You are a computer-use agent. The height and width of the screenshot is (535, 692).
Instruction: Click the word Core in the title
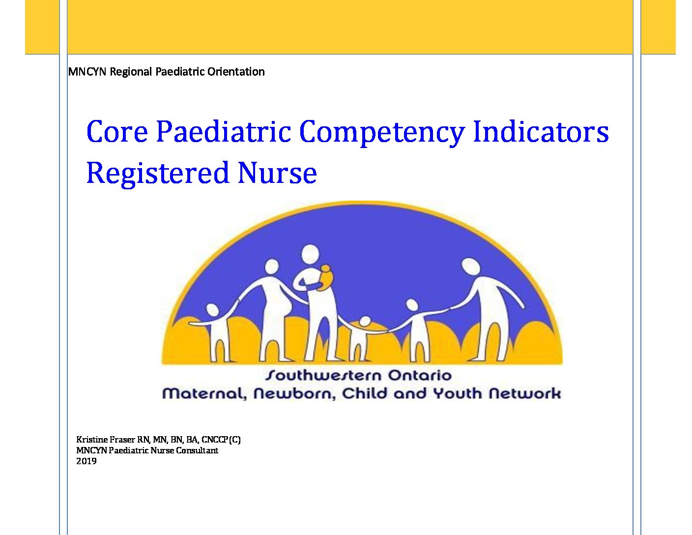[117, 131]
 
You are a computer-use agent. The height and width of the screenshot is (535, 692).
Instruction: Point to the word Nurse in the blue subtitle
[277, 173]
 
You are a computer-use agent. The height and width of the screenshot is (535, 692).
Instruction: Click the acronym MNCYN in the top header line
[87, 72]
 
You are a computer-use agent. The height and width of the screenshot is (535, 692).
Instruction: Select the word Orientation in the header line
[236, 72]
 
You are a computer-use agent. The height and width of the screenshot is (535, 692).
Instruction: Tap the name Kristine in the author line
[92, 440]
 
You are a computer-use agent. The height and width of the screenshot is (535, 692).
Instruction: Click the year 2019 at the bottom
[86, 461]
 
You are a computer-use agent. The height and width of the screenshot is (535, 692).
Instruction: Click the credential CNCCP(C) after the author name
[221, 440]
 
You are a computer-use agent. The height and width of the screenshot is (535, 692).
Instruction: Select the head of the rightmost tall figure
[470, 267]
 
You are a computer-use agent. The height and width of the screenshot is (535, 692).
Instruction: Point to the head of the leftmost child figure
[212, 310]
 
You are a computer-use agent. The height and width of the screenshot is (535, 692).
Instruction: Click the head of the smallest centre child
[365, 322]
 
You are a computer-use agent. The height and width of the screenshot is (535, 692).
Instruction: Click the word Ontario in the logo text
[420, 375]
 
